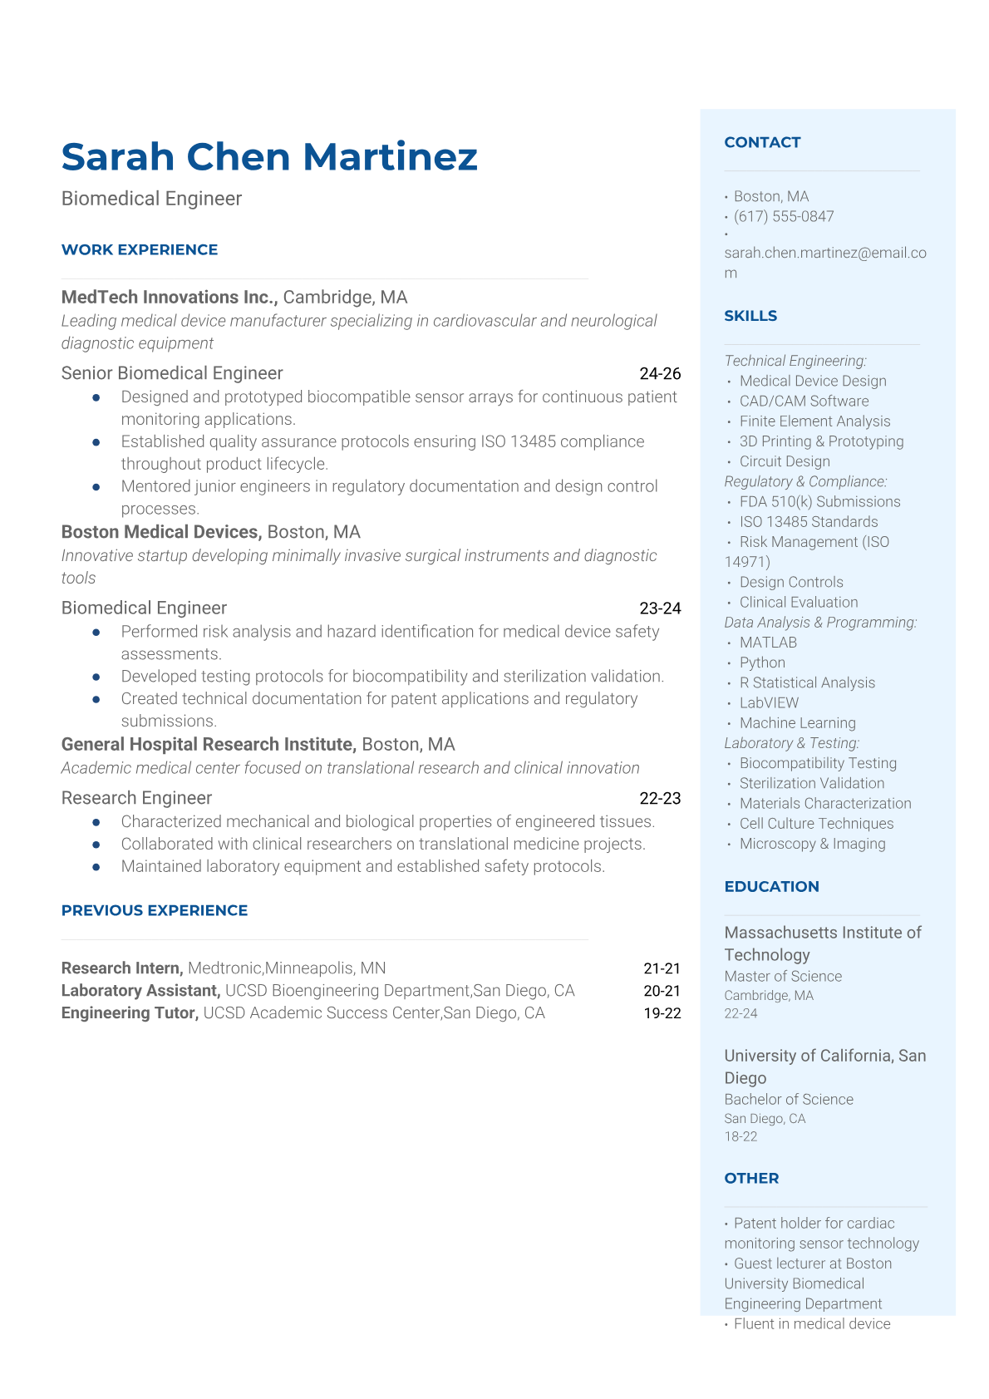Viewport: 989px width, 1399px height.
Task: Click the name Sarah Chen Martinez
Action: (x=269, y=156)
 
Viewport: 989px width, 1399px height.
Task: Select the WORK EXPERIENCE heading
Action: (x=140, y=249)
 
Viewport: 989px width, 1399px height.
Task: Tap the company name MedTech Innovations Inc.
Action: (x=170, y=297)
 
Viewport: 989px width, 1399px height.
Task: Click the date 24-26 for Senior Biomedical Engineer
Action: (x=660, y=373)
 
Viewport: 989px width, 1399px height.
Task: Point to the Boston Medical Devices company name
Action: (x=161, y=532)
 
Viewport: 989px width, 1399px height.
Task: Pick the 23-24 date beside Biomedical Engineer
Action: (x=660, y=608)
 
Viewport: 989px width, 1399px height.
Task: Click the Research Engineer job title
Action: (x=136, y=798)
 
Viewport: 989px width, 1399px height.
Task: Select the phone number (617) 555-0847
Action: (x=784, y=216)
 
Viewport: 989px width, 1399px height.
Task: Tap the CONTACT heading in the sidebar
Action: (x=762, y=142)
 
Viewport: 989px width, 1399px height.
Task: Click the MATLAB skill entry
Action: (x=768, y=643)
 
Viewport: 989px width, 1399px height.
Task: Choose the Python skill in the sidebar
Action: (x=762, y=663)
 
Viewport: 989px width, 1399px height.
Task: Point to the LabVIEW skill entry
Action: (x=769, y=702)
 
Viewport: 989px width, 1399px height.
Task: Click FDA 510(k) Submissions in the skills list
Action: (x=819, y=501)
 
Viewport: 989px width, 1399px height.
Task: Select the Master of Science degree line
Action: (x=783, y=976)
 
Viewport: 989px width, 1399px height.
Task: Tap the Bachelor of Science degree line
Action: (x=789, y=1099)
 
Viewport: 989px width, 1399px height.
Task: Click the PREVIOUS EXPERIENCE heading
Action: (x=155, y=910)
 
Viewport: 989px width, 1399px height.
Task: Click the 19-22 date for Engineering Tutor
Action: (x=662, y=1013)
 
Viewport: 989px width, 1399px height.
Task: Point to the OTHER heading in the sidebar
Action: (x=751, y=1178)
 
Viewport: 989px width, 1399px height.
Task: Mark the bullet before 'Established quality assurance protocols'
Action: (x=97, y=442)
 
